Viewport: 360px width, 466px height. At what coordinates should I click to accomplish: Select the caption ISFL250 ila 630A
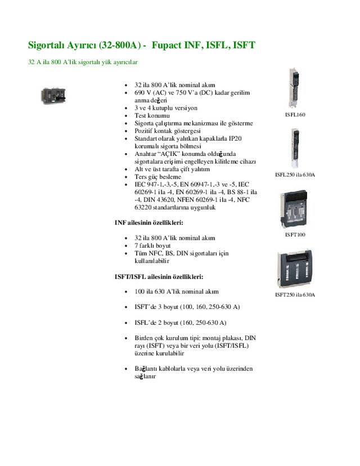[x=295, y=174]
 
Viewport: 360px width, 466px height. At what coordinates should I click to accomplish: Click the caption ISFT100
[x=295, y=234]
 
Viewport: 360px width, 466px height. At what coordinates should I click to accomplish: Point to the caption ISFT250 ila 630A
[x=295, y=294]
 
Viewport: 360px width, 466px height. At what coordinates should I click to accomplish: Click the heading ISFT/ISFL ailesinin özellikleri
[x=159, y=277]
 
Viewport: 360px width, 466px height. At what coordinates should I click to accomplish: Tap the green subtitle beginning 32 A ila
[x=83, y=61]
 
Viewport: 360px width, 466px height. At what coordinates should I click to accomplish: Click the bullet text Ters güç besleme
[x=158, y=177]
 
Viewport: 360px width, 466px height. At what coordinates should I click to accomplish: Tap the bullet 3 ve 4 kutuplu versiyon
[x=166, y=107]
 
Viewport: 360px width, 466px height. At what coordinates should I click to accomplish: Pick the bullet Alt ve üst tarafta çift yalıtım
[x=172, y=169]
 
